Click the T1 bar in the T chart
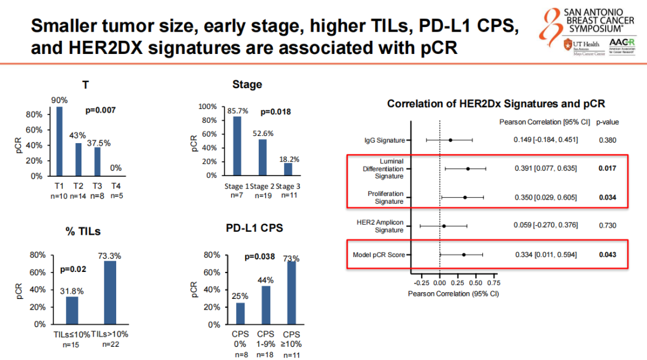coord(59,141)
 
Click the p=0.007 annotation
coord(101,110)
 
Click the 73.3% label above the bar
coord(110,256)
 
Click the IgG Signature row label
coord(384,140)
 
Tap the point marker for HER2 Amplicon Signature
coord(444,226)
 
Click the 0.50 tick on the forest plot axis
coord(476,282)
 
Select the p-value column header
coord(607,122)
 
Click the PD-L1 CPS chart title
coord(255,228)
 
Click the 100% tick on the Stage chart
coord(207,107)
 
